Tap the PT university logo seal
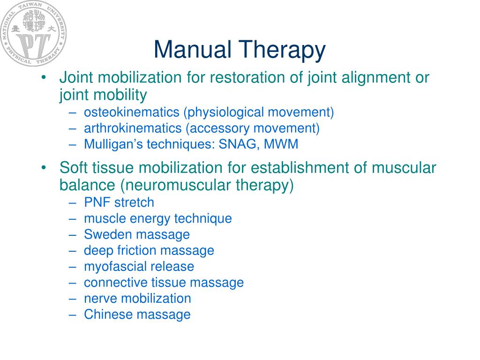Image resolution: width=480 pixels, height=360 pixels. coord(33,33)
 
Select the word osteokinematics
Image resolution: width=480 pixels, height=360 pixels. coord(132,112)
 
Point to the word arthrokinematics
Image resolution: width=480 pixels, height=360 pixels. coord(132,128)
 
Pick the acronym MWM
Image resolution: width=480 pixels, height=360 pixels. coord(281,144)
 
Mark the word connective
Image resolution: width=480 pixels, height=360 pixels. coord(116,283)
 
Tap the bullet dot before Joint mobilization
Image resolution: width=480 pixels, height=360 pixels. coord(44,77)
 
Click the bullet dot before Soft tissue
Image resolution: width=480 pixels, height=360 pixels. coord(44,168)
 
